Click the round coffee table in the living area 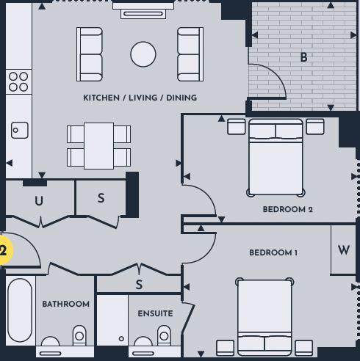[x=143, y=54]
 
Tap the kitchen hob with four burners [x=18, y=81]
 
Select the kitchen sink [x=20, y=130]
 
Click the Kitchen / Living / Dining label [x=140, y=98]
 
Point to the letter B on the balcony [x=303, y=57]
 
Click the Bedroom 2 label [x=287, y=209]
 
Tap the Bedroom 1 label [x=273, y=252]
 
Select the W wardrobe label [x=343, y=250]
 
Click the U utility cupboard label [x=39, y=201]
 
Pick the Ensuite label [x=155, y=313]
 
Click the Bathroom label [x=66, y=304]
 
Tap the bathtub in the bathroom [x=20, y=310]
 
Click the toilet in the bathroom [x=79, y=335]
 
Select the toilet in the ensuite [x=164, y=335]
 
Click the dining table [x=98, y=146]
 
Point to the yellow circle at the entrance [x=5, y=250]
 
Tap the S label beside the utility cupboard [x=101, y=198]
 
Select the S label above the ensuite [x=139, y=285]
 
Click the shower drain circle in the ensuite [x=121, y=339]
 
